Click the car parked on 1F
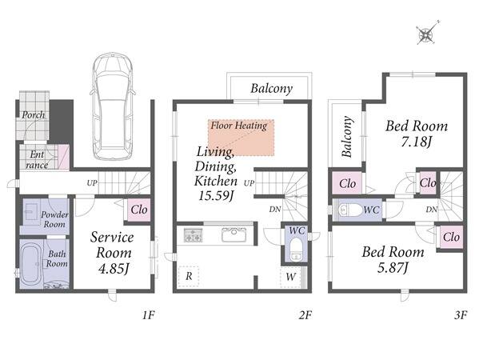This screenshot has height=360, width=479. [113, 106]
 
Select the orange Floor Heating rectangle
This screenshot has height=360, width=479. [241, 138]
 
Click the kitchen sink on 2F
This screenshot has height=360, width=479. [234, 234]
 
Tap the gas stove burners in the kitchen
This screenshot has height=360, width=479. [193, 235]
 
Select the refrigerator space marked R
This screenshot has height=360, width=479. [189, 276]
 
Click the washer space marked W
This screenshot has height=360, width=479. [290, 277]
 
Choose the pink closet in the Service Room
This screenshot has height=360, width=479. [138, 210]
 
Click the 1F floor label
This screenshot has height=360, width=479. [149, 314]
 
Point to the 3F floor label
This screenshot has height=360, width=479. [461, 314]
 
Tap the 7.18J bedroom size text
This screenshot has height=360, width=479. [417, 142]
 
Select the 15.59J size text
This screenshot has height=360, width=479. [216, 195]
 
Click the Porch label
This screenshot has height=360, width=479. [34, 115]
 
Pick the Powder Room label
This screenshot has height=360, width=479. [54, 219]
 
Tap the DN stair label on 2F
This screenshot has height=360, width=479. [274, 210]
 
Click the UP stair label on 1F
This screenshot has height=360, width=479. [92, 183]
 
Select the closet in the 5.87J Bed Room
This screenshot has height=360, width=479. [451, 237]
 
